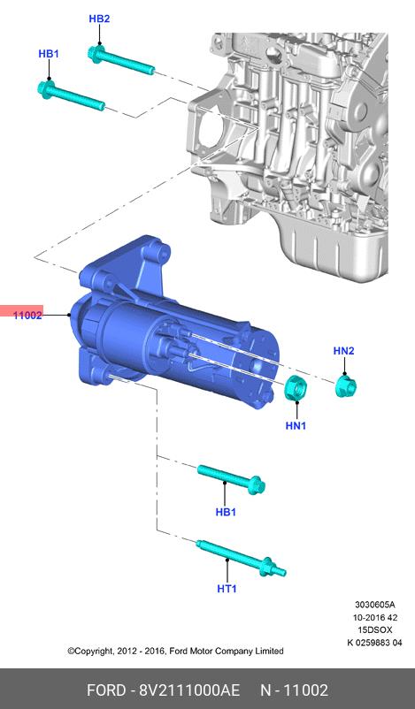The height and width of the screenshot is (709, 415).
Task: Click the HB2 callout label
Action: pyautogui.click(x=99, y=19)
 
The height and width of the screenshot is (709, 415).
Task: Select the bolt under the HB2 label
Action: pyautogui.click(x=121, y=61)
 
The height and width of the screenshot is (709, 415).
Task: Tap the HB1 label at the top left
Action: pyautogui.click(x=49, y=54)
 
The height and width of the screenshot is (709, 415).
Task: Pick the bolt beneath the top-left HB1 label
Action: pyautogui.click(x=71, y=95)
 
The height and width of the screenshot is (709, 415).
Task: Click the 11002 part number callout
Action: pyautogui.click(x=27, y=316)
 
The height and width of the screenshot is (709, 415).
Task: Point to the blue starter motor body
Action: pyautogui.click(x=176, y=324)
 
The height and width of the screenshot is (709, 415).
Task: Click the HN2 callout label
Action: pyautogui.click(x=344, y=351)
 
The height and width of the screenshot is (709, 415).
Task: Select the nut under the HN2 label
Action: pyautogui.click(x=346, y=386)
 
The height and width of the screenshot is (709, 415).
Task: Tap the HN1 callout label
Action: pyautogui.click(x=296, y=425)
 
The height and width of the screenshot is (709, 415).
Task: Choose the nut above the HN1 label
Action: pyautogui.click(x=296, y=388)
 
